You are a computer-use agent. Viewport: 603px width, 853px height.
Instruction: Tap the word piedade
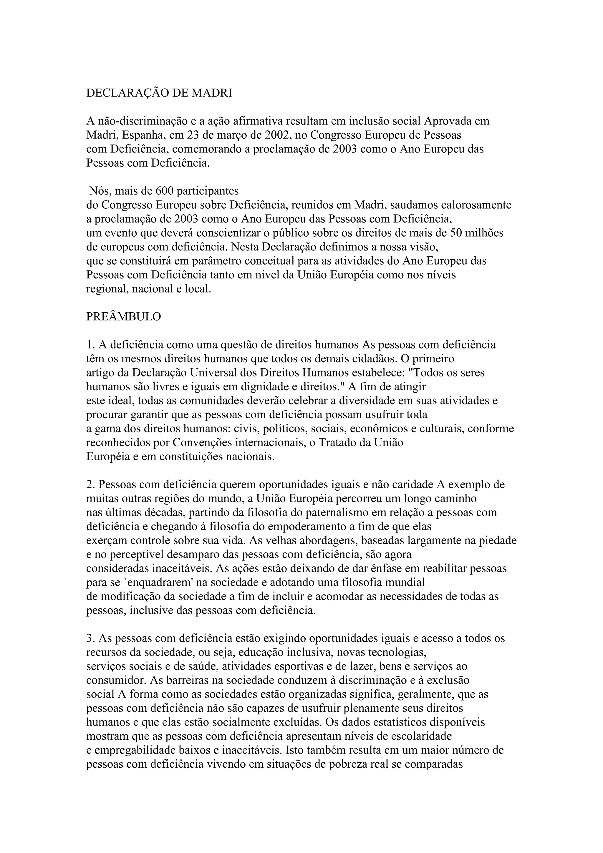496,540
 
